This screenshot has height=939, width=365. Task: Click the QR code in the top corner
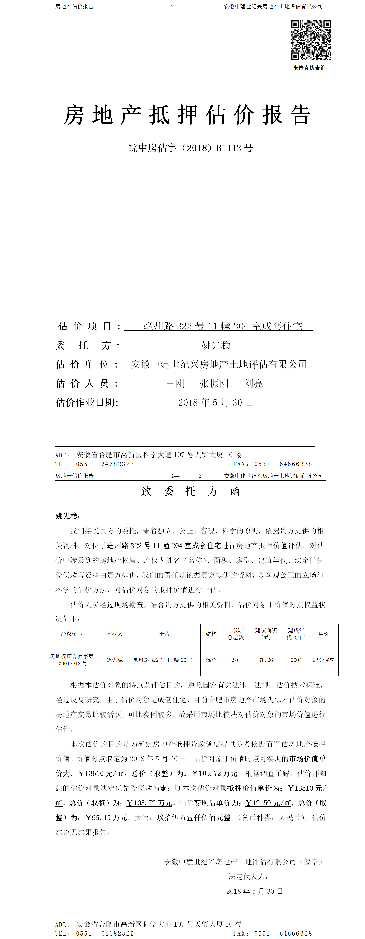(x=311, y=40)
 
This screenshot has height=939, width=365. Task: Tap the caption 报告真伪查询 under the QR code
(x=309, y=68)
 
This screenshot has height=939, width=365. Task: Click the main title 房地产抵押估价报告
(x=187, y=115)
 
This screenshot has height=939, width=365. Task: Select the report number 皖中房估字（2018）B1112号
(x=190, y=148)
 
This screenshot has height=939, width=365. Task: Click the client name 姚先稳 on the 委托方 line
(x=216, y=345)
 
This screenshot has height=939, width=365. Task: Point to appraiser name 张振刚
(x=214, y=383)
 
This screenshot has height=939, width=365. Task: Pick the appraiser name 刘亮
(x=253, y=383)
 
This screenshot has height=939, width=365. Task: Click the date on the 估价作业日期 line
(x=216, y=403)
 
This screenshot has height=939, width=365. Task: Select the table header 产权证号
(x=72, y=634)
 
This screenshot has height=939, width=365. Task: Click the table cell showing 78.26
(x=266, y=660)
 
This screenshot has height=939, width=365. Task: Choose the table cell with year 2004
(x=296, y=660)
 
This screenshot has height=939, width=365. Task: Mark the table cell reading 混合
(x=211, y=660)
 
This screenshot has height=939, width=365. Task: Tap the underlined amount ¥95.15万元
(x=106, y=818)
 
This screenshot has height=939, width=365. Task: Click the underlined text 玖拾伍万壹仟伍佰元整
(x=194, y=818)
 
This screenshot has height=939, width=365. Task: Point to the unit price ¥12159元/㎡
(x=268, y=803)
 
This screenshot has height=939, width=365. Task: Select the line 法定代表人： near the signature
(x=248, y=877)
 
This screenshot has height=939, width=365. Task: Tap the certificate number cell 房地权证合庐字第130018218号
(x=72, y=660)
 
